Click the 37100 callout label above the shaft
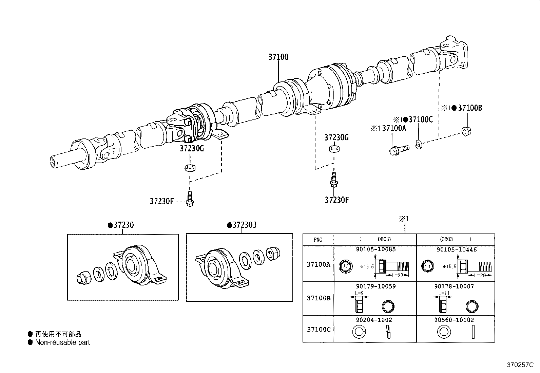[x=278, y=57]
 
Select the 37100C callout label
[x=421, y=119]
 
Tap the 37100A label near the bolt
[x=394, y=128]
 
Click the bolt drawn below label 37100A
[x=399, y=150]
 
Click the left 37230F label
[x=161, y=201]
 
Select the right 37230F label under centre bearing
[x=336, y=200]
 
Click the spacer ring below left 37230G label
[x=190, y=168]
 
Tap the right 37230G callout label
[x=336, y=137]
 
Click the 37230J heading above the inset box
[x=244, y=225]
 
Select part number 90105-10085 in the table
[x=375, y=249]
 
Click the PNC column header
[x=318, y=240]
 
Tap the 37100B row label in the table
[x=318, y=298]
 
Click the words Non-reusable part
[x=62, y=342]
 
